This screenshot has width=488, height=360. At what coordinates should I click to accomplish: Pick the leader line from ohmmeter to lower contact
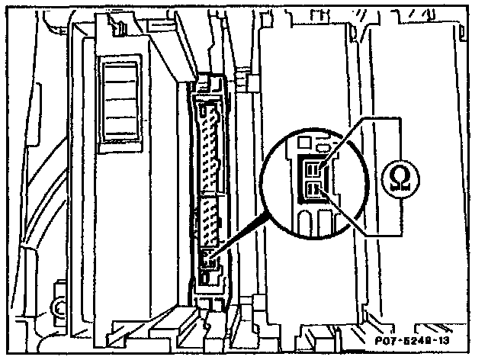click(x=351, y=217)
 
